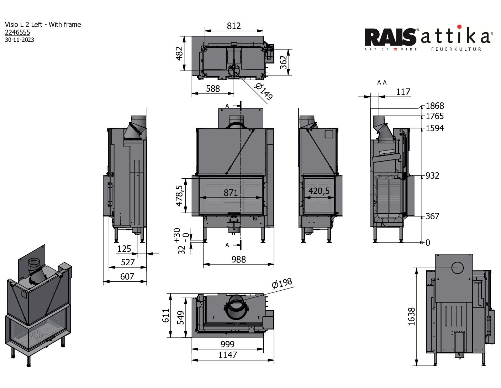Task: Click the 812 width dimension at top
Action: (234, 26)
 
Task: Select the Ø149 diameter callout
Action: (264, 92)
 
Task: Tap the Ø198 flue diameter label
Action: (281, 284)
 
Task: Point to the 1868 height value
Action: (434, 106)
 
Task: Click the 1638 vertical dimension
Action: (411, 316)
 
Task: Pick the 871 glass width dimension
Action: (231, 193)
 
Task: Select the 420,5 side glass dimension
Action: (319, 191)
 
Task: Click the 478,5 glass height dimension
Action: (179, 195)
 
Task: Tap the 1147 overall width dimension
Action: (227, 355)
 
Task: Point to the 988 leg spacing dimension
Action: (238, 260)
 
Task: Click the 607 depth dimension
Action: (127, 276)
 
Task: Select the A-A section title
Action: (382, 83)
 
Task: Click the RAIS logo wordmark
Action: (391, 37)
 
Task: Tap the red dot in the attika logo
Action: (459, 27)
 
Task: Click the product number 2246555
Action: (17, 32)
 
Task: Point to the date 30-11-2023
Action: (20, 40)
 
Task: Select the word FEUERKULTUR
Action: (456, 49)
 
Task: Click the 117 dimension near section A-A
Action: (403, 92)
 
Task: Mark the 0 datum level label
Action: (428, 243)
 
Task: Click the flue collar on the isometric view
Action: (35, 265)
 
